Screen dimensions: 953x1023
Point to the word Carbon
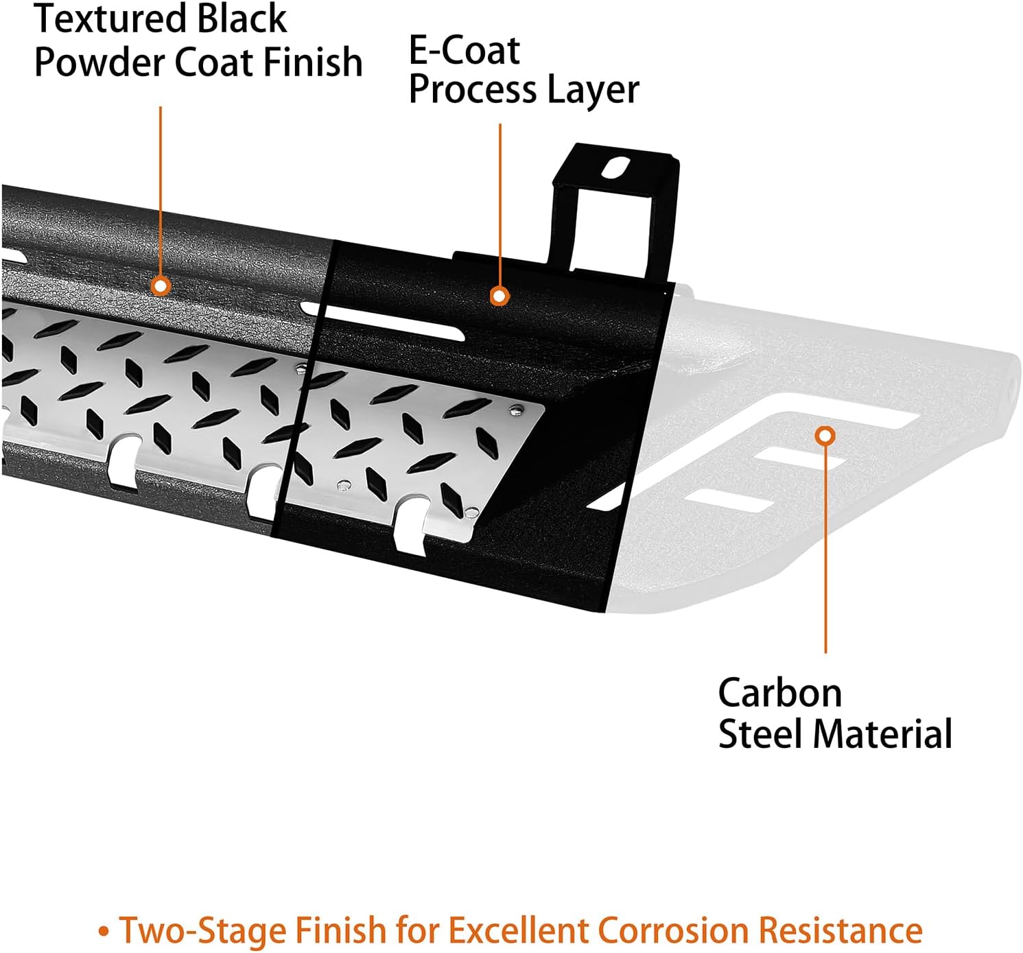[x=779, y=693]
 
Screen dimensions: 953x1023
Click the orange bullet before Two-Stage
[x=104, y=932]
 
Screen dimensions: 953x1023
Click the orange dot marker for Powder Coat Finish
[x=161, y=285]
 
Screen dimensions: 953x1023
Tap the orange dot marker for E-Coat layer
[x=499, y=296]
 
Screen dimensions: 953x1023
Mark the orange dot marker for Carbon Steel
[x=825, y=436]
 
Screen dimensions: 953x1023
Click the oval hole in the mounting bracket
[x=615, y=168]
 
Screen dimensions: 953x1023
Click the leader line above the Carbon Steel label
[x=825, y=549]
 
